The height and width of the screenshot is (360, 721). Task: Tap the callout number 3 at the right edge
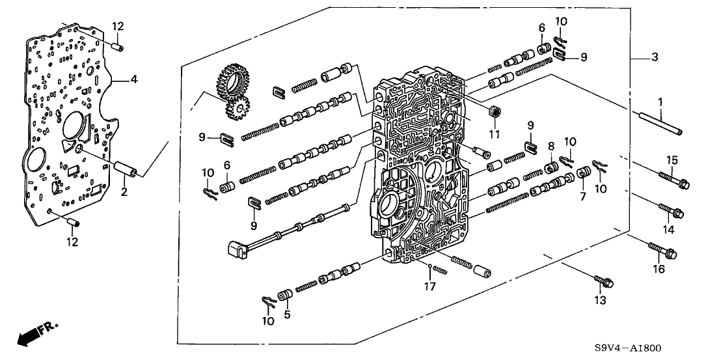655,58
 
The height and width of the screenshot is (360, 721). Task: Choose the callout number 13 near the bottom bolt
600,300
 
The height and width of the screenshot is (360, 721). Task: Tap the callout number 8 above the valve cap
551,146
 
